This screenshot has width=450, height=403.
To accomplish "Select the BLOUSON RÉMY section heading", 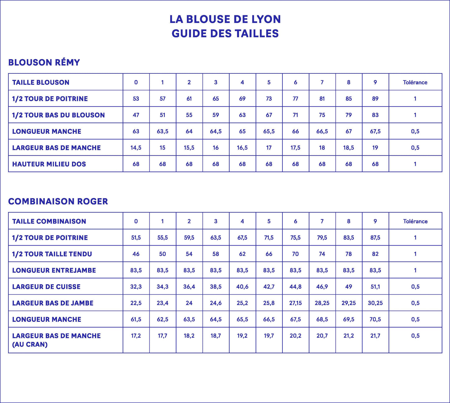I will click(44, 63).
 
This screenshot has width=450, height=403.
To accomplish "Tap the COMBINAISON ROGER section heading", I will click(58, 201).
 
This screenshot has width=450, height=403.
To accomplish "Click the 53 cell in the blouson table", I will click(136, 99).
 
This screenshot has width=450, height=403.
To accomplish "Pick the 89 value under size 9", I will click(375, 99).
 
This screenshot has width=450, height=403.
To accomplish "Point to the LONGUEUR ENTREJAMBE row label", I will click(54, 270).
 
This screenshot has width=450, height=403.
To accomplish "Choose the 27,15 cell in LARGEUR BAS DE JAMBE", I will click(296, 303).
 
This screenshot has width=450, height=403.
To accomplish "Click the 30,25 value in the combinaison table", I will click(375, 303).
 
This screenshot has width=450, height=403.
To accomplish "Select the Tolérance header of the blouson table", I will click(415, 82).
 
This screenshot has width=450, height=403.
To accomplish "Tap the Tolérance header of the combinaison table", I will click(415, 221).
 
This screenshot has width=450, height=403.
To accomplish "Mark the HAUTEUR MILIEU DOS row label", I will click(49, 164).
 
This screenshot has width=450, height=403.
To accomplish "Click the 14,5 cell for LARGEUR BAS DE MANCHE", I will click(136, 148).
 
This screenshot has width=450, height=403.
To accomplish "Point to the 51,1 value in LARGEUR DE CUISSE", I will click(375, 287).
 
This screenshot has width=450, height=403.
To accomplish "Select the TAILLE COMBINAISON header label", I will click(49, 221).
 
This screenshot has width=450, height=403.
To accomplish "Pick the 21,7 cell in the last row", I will click(375, 336).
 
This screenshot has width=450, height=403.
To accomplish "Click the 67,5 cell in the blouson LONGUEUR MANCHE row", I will click(375, 131).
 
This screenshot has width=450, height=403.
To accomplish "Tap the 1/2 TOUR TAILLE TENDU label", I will click(52, 254).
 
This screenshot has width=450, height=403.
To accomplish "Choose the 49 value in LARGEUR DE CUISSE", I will click(349, 287).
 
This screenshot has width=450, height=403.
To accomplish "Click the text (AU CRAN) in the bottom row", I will click(30, 344).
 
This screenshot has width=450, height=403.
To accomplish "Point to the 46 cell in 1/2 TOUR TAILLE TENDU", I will click(136, 254).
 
